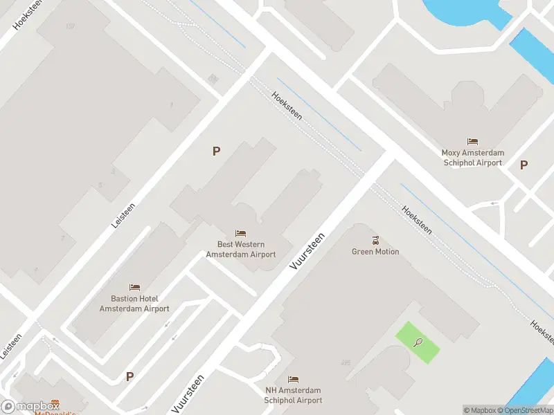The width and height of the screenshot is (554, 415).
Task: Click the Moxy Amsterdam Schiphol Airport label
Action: click(x=473, y=158)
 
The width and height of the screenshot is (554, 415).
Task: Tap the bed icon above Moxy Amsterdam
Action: click(x=473, y=142)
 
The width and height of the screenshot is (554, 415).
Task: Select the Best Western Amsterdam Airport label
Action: click(x=241, y=250)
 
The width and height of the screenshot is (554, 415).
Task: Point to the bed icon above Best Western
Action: click(x=241, y=233)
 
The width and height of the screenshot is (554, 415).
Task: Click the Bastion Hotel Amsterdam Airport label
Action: click(x=134, y=304)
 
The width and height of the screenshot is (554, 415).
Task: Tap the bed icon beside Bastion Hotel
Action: click(x=134, y=287)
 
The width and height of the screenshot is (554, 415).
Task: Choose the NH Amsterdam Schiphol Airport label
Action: click(x=294, y=396)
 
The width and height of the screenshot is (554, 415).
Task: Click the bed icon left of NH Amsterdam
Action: click(x=294, y=380)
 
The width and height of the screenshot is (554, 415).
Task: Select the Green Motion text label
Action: click(x=375, y=252)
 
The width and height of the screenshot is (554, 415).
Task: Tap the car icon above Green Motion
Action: click(x=375, y=240)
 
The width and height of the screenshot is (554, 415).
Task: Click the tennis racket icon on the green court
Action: click(x=418, y=342)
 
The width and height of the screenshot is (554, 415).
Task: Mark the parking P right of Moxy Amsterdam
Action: click(x=524, y=165)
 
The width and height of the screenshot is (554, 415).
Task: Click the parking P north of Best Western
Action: click(x=216, y=151)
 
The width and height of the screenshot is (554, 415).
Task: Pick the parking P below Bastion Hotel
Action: click(x=129, y=377)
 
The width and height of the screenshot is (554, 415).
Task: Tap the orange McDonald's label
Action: click(x=56, y=410)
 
